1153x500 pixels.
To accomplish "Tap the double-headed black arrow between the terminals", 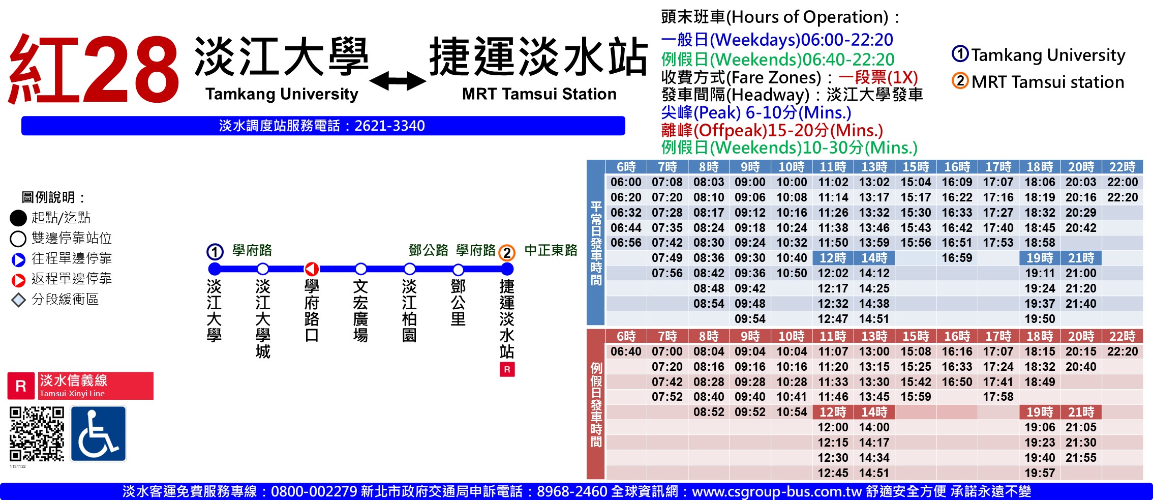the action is click(x=398, y=81).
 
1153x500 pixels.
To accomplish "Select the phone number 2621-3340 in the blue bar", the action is click(x=389, y=126).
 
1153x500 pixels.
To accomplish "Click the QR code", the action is click(x=37, y=434).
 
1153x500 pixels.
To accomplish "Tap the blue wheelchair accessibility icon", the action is click(x=98, y=434).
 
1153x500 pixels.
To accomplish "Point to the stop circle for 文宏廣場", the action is click(x=360, y=269).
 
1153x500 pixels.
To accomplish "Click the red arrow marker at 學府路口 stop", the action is click(x=312, y=269).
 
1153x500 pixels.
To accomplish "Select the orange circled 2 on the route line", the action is click(x=506, y=252).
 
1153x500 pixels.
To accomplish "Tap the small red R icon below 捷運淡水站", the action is click(x=507, y=369).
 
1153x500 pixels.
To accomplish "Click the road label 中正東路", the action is click(x=551, y=250).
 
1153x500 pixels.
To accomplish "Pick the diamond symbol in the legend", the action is click(x=18, y=300).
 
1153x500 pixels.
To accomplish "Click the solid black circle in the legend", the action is click(x=18, y=218).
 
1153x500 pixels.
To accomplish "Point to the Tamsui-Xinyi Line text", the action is click(x=72, y=394).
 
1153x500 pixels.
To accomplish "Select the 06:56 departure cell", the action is click(x=626, y=243).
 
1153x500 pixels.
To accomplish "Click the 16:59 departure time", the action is click(x=957, y=258).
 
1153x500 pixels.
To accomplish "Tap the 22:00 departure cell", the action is click(x=1122, y=182).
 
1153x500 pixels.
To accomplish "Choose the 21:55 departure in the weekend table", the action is click(x=1081, y=458).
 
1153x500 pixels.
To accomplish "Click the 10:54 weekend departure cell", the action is click(x=792, y=412).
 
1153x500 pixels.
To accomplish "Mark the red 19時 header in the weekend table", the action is click(x=1040, y=412).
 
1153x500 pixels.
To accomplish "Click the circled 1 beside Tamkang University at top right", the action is click(x=960, y=54).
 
